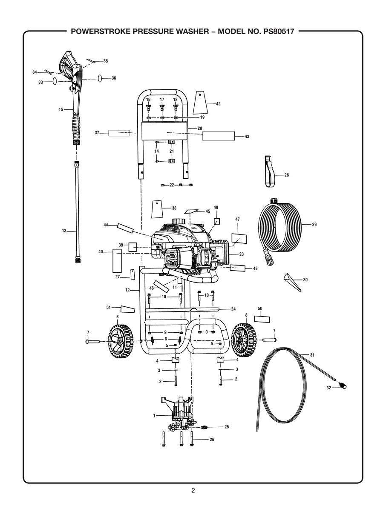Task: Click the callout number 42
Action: click(x=218, y=104)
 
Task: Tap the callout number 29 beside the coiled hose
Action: click(x=314, y=224)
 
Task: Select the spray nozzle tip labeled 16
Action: click(x=148, y=106)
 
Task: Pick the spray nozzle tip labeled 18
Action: click(x=175, y=106)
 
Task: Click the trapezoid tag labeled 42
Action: click(x=200, y=102)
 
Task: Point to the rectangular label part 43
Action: click(x=218, y=136)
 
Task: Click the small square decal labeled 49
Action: click(x=216, y=221)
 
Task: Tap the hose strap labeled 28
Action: click(x=269, y=172)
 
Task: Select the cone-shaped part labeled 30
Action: click(x=292, y=282)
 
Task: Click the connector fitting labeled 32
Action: click(x=341, y=385)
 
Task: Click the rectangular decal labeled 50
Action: click(x=262, y=319)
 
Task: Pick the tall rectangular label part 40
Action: click(x=117, y=261)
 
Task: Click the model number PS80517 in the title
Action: click(x=276, y=31)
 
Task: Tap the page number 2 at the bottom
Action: click(x=193, y=491)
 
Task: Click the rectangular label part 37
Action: click(x=119, y=133)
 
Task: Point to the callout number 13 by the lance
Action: click(x=64, y=231)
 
